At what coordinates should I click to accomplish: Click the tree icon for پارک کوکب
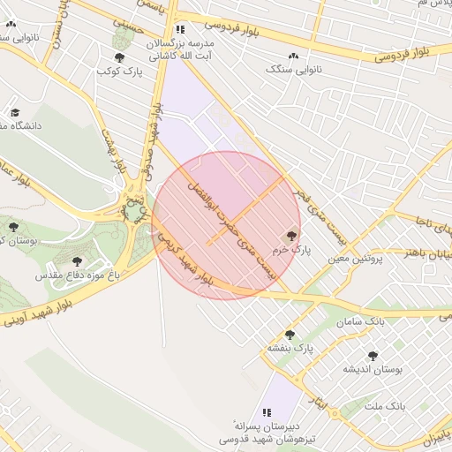(x=120, y=57)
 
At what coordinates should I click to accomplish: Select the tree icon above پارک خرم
(x=291, y=236)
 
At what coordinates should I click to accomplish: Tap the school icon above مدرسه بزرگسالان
(x=180, y=29)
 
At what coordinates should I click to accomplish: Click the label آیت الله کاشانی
(x=180, y=55)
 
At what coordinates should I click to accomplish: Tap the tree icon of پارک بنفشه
(x=290, y=335)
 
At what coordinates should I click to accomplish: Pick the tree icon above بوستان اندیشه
(x=372, y=356)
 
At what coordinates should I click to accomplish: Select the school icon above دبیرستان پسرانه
(x=268, y=412)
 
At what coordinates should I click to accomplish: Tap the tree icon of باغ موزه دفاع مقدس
(x=77, y=261)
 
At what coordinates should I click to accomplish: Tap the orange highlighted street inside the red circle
(x=245, y=209)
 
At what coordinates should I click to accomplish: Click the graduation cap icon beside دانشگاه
(x=15, y=113)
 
